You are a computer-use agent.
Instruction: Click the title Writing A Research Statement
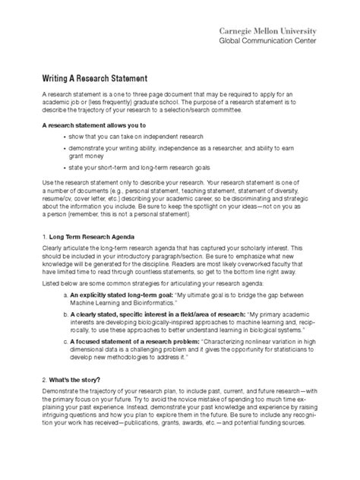pyautogui.click(x=99, y=77)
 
